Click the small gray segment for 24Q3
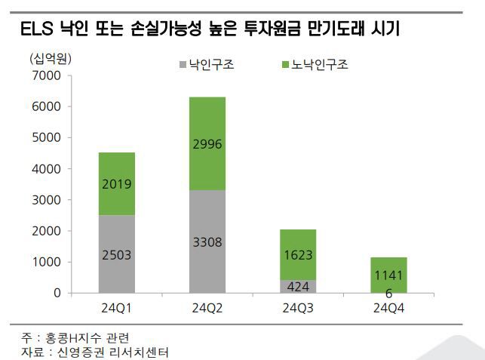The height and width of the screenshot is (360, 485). (297, 286)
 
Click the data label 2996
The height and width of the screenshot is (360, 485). (207, 144)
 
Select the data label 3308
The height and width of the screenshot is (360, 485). (207, 242)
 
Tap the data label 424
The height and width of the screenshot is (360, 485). (297, 286)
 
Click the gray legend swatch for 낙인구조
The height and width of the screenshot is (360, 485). (183, 65)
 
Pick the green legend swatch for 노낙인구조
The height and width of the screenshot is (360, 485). (285, 65)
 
